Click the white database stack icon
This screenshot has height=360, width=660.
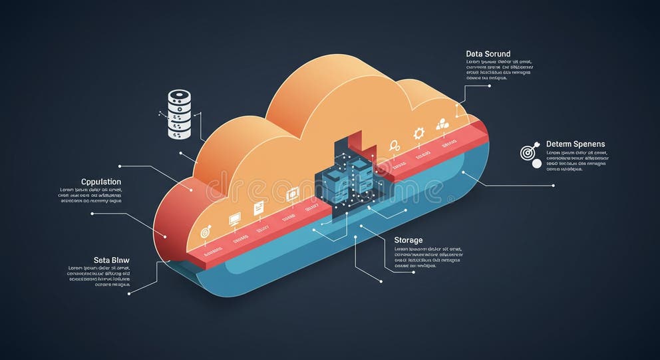pos(179,115)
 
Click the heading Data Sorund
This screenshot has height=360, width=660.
pos(488,53)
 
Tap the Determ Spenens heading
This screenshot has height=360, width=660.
pos(576,144)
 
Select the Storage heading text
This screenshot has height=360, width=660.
pos(408,240)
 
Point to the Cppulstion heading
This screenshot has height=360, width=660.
pos(101,182)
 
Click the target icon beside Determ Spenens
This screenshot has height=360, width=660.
pos(528,152)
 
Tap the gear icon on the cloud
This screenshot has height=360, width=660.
pos(418,133)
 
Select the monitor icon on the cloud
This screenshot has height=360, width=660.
pos(234,218)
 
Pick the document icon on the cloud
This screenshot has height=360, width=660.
pos(259,208)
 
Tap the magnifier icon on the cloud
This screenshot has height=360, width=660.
pos(394,144)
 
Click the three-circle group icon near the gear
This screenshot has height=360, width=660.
pos(442,124)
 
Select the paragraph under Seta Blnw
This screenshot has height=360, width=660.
pos(99,276)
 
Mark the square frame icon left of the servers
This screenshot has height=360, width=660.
pos(291,194)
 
